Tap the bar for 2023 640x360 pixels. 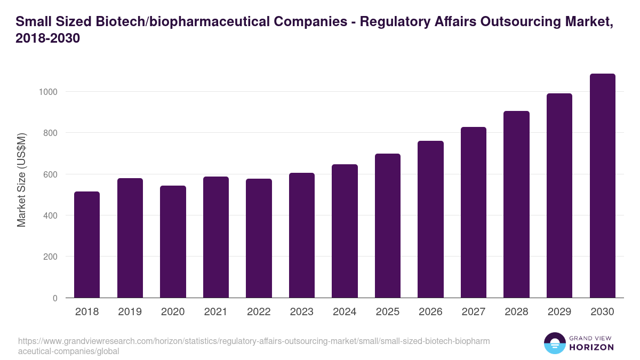coord(301,235)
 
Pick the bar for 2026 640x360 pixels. coord(430,219)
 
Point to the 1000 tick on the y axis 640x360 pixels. coord(47,92)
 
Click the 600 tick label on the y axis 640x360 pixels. coord(50,174)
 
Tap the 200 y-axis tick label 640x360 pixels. coord(50,257)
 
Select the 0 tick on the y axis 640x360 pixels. coord(55,298)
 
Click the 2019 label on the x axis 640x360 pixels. coord(130,312)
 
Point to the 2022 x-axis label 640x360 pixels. coord(259,312)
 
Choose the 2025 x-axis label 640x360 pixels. coord(387,312)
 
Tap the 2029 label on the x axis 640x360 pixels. coord(559,312)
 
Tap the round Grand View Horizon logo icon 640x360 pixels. coord(554,343)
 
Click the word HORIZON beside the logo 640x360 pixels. coord(591,347)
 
